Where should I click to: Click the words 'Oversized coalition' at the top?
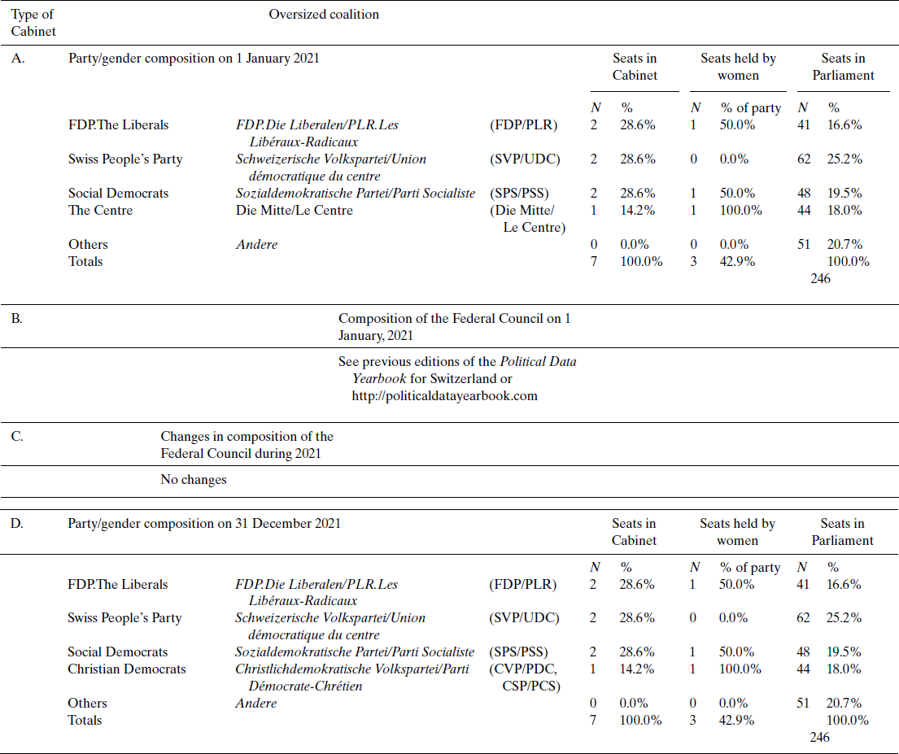(x=324, y=14)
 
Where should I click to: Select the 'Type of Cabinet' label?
(x=33, y=23)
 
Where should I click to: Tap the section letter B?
(x=16, y=318)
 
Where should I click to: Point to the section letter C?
(x=17, y=436)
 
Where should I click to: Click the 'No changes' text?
(x=194, y=479)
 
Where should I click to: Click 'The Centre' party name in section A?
(x=100, y=210)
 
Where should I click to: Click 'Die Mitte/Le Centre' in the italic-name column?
(x=295, y=210)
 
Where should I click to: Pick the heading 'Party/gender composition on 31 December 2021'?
(x=204, y=523)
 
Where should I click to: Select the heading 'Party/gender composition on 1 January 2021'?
(x=194, y=58)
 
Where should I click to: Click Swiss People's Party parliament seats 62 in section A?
(x=804, y=159)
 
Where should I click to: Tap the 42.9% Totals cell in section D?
(x=737, y=720)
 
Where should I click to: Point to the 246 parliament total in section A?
(x=821, y=278)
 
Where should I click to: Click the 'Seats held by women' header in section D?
(x=737, y=531)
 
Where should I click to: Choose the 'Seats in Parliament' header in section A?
(x=842, y=67)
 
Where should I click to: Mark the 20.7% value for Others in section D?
(x=844, y=703)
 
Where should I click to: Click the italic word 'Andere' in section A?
(x=256, y=244)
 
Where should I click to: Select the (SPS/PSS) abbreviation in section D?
(x=518, y=652)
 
